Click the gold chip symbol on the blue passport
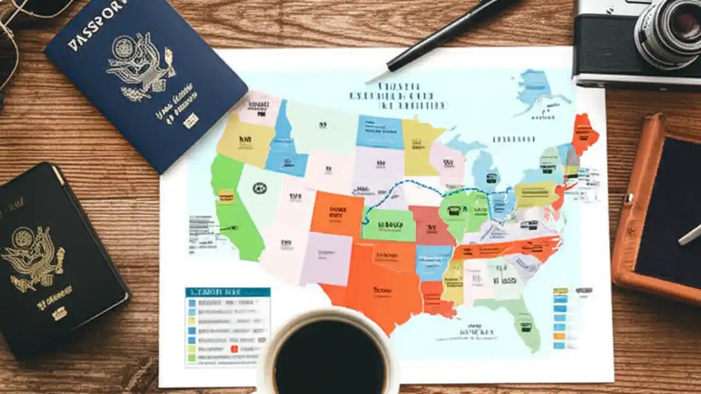(191, 121)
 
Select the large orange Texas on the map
(378, 290)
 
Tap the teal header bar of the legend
(227, 292)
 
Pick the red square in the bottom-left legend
(234, 349)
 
